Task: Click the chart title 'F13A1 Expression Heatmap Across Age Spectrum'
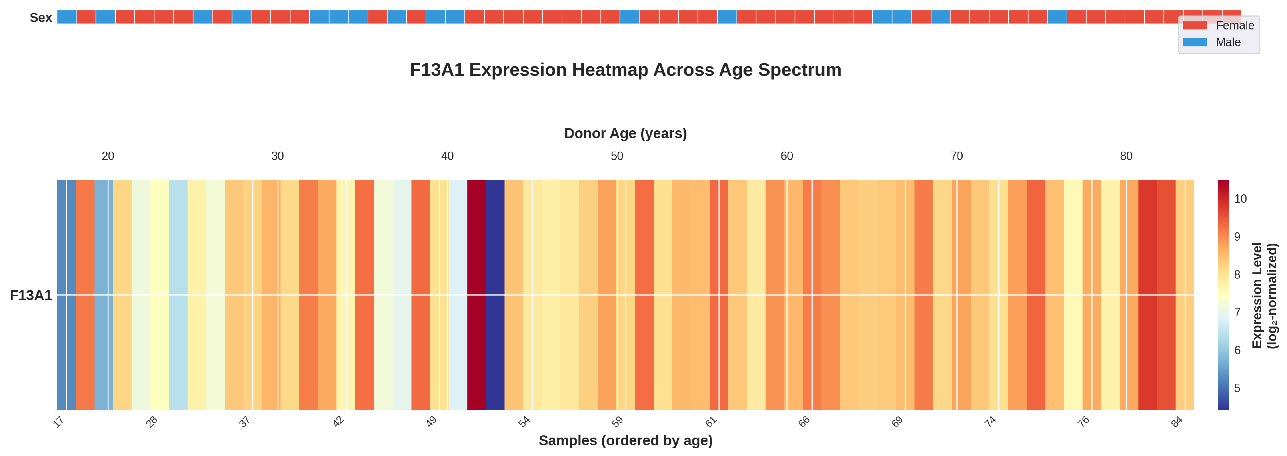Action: click(625, 70)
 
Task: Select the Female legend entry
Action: click(1234, 25)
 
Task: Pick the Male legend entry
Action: click(1227, 42)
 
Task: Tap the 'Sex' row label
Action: click(41, 18)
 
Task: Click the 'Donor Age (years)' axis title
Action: click(625, 134)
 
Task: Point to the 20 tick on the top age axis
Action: click(108, 156)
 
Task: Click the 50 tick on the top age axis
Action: click(617, 156)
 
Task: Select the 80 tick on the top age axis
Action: click(1126, 156)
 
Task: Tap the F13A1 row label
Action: click(31, 296)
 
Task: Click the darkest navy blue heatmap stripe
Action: click(495, 295)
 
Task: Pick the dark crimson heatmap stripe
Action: click(476, 295)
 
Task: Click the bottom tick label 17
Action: click(59, 422)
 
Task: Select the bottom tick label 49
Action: click(432, 422)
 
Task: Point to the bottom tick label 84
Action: click(1177, 422)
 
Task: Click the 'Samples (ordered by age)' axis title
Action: click(625, 441)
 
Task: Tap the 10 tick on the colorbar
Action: click(1240, 199)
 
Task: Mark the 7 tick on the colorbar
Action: click(1237, 312)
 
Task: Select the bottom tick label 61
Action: click(711, 422)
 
